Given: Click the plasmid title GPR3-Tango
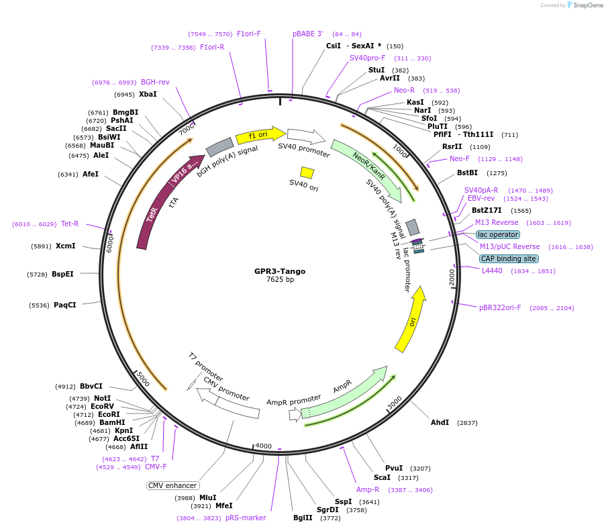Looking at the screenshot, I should (x=279, y=271).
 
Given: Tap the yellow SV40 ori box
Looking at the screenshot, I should (x=307, y=173).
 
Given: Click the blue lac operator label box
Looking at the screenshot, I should (x=497, y=235).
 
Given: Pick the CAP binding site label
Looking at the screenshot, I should (x=508, y=258).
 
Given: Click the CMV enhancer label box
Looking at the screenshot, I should (x=172, y=485).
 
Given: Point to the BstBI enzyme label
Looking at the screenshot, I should (x=467, y=173).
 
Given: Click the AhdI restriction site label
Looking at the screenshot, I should (x=440, y=422).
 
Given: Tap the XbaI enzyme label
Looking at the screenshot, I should (x=148, y=94).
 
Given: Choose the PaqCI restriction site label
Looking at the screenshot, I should (x=64, y=305).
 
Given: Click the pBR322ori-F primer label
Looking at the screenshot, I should (x=500, y=307).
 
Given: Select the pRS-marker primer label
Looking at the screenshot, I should (x=246, y=518).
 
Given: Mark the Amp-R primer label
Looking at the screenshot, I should (x=368, y=489).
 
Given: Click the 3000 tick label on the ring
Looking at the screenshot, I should (x=395, y=401).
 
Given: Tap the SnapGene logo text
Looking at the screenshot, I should (x=585, y=5).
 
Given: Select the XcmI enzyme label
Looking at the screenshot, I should (x=66, y=246).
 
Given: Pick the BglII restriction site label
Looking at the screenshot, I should (x=303, y=518).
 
